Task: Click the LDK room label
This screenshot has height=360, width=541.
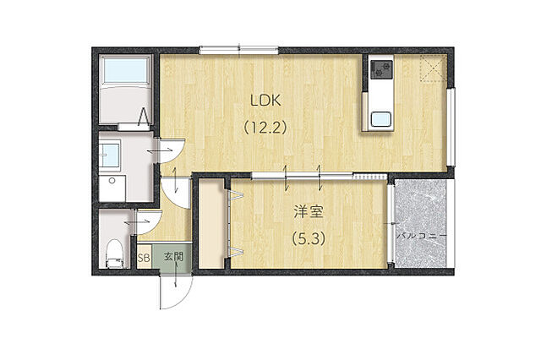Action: point(265,101)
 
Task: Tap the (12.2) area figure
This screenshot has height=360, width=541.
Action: point(265,128)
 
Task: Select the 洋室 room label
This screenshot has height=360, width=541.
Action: point(309,212)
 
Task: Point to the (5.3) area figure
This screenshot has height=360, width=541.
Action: point(309,238)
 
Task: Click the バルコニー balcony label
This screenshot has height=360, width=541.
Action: point(421,237)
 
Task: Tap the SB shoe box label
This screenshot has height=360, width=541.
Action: point(144,257)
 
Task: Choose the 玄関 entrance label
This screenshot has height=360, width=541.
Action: point(173,257)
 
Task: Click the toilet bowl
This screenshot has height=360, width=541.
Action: point(114,254)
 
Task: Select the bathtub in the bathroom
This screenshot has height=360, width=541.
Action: point(126,90)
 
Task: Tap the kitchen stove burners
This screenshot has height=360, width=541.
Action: point(381,69)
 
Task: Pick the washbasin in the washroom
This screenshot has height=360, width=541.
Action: point(110,155)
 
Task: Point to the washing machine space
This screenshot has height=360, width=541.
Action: point(112,188)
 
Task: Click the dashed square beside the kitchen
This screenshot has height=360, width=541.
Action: point(434,68)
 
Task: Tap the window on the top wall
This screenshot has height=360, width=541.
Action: point(238,51)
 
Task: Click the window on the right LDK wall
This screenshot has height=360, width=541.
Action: point(451,128)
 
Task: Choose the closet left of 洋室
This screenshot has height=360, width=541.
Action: point(211,223)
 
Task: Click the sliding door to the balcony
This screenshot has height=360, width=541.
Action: point(391,224)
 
